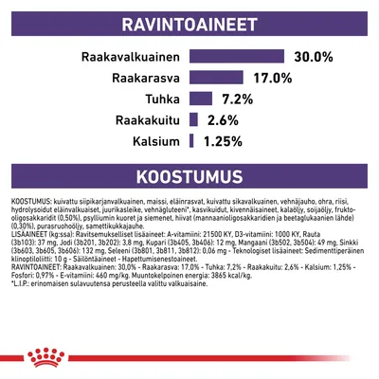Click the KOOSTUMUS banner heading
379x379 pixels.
coord(189,179)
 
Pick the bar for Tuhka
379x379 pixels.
coord(200,99)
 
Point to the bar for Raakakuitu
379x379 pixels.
coord(193,120)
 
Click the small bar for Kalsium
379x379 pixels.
coord(192,141)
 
